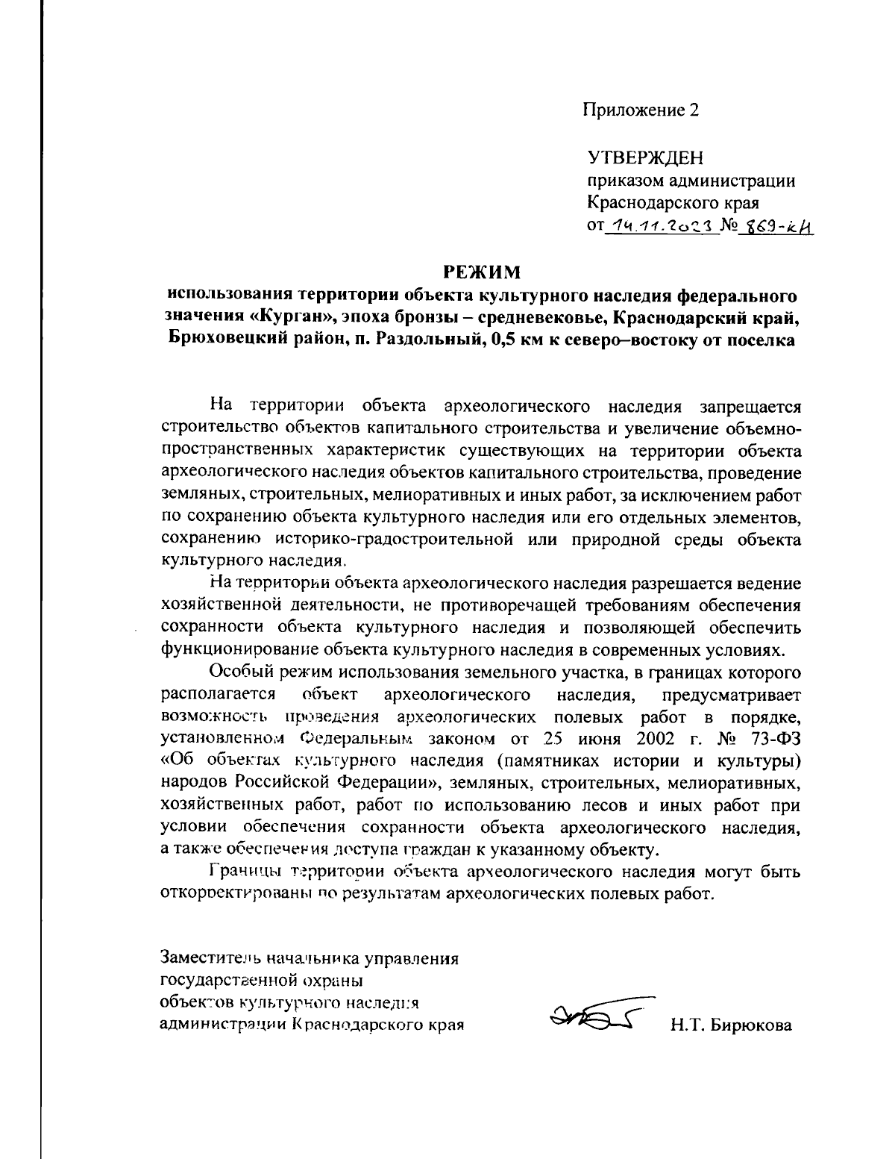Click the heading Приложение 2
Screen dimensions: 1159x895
pos(641,110)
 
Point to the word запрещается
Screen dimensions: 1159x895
pos(750,407)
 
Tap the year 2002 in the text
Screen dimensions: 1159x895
pos(636,739)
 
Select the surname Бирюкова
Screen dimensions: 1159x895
pos(750,1025)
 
